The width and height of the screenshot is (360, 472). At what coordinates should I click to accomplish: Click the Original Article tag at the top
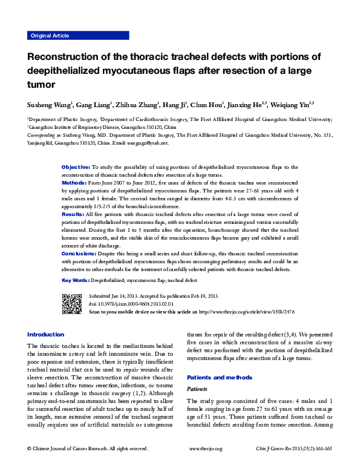50,36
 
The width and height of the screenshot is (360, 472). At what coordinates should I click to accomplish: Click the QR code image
72,303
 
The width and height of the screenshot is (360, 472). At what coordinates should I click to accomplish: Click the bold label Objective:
76,166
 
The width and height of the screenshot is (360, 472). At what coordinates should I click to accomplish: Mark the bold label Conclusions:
79,254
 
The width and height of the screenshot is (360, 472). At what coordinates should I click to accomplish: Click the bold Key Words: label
76,281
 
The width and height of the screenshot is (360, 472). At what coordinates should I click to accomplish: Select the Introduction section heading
46,334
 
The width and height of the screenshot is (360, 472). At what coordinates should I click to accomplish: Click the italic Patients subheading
197,390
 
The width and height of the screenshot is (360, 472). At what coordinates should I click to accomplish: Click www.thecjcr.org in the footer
206,448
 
